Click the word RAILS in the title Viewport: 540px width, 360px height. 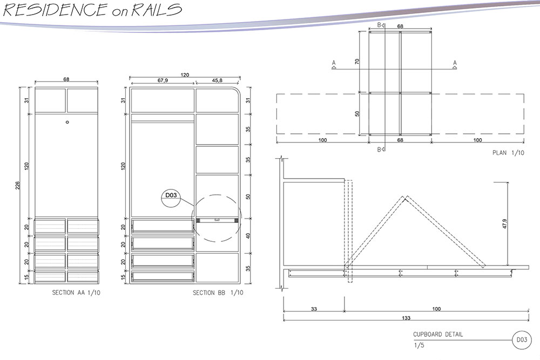[x=153, y=10]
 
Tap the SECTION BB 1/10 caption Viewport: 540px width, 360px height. [x=218, y=293]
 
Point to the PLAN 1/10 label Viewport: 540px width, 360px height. [x=508, y=153]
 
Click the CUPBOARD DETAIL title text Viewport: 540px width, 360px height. [x=438, y=335]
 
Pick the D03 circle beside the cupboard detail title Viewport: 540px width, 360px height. [x=521, y=339]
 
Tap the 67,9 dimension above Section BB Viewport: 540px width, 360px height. [x=163, y=80]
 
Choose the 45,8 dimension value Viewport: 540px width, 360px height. [x=218, y=80]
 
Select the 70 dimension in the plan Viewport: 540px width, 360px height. [x=357, y=62]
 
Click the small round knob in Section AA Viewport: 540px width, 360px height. [x=67, y=123]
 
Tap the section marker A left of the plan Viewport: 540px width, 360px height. [x=333, y=64]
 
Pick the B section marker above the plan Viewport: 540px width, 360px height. [x=380, y=25]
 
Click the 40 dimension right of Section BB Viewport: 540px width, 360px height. [x=248, y=235]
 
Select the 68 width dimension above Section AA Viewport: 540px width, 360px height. [x=66, y=79]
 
